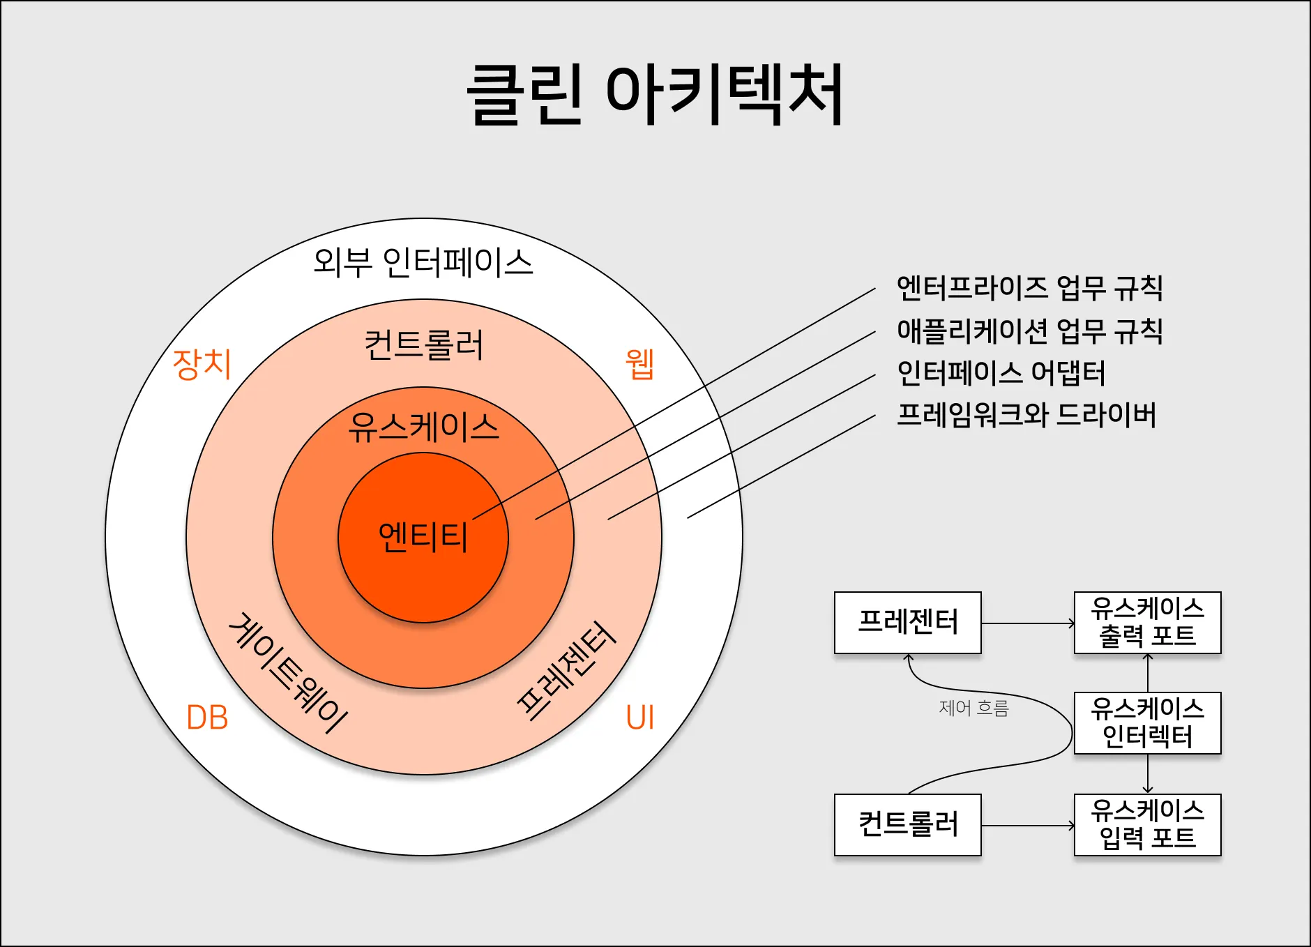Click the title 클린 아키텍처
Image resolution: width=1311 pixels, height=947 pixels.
click(655, 95)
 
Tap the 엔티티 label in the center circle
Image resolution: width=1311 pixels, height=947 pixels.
click(423, 537)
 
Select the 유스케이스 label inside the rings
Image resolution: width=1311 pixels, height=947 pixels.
click(423, 427)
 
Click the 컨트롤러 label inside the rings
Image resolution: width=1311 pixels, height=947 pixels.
click(423, 344)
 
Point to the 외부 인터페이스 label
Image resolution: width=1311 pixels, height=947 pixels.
click(423, 263)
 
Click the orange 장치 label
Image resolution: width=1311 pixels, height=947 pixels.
click(202, 364)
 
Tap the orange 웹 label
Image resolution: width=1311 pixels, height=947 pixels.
click(639, 363)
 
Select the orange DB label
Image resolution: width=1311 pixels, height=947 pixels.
click(207, 718)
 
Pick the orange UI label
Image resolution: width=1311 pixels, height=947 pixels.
click(639, 718)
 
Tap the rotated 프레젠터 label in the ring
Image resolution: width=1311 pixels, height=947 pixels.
click(566, 669)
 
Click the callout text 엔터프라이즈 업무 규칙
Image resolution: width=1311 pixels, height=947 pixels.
click(1029, 287)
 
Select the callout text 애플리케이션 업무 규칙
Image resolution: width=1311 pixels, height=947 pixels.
click(1029, 330)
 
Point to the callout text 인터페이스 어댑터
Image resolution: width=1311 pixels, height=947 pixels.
click(1001, 372)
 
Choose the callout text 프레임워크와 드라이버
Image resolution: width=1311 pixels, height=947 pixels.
click(1026, 415)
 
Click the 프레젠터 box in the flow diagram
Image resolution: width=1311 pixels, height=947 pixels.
click(907, 622)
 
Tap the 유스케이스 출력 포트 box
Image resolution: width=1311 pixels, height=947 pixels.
click(1147, 622)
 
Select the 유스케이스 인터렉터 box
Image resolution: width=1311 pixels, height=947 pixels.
click(1147, 722)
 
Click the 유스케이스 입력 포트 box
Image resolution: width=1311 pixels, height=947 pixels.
click(1147, 824)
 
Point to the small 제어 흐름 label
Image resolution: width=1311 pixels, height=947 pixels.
click(973, 709)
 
